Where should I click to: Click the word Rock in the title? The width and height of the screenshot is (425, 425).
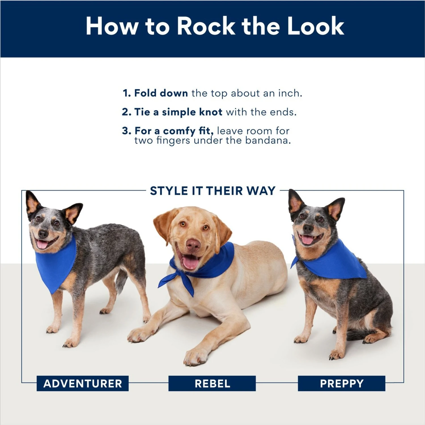[x=206, y=26]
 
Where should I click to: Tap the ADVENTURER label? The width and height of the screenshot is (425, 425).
[x=82, y=384]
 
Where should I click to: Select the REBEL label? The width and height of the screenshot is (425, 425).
[x=212, y=384]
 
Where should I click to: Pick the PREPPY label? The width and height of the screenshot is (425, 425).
[x=341, y=384]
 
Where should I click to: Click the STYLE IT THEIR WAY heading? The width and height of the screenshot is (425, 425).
[x=212, y=191]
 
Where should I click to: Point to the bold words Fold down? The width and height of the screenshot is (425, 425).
[x=161, y=93]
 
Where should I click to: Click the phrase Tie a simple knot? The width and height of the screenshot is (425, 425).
[x=178, y=112]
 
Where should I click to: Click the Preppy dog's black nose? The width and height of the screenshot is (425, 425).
[x=308, y=228]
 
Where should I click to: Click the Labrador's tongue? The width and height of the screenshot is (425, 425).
[x=190, y=262]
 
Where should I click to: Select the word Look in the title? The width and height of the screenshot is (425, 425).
[x=315, y=26]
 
